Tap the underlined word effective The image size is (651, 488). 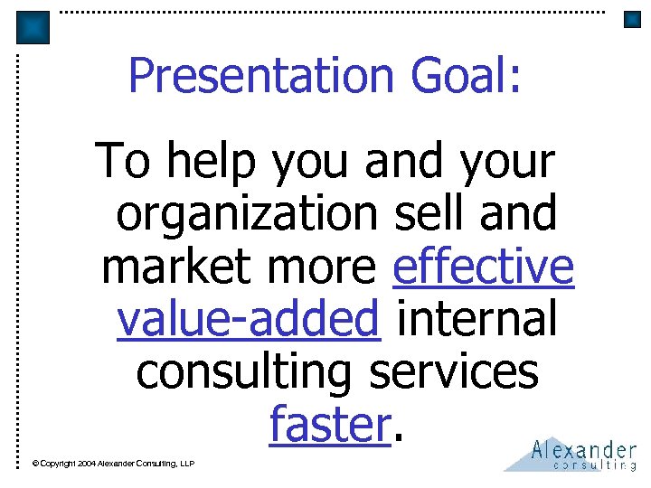[x=484, y=267]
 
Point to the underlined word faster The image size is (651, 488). [x=330, y=424]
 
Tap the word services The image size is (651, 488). [x=456, y=371]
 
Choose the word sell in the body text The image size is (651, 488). [x=424, y=214]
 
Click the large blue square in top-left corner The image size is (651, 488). [x=33, y=27]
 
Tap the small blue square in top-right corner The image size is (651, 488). [x=632, y=20]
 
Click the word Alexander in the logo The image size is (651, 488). [x=583, y=449]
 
